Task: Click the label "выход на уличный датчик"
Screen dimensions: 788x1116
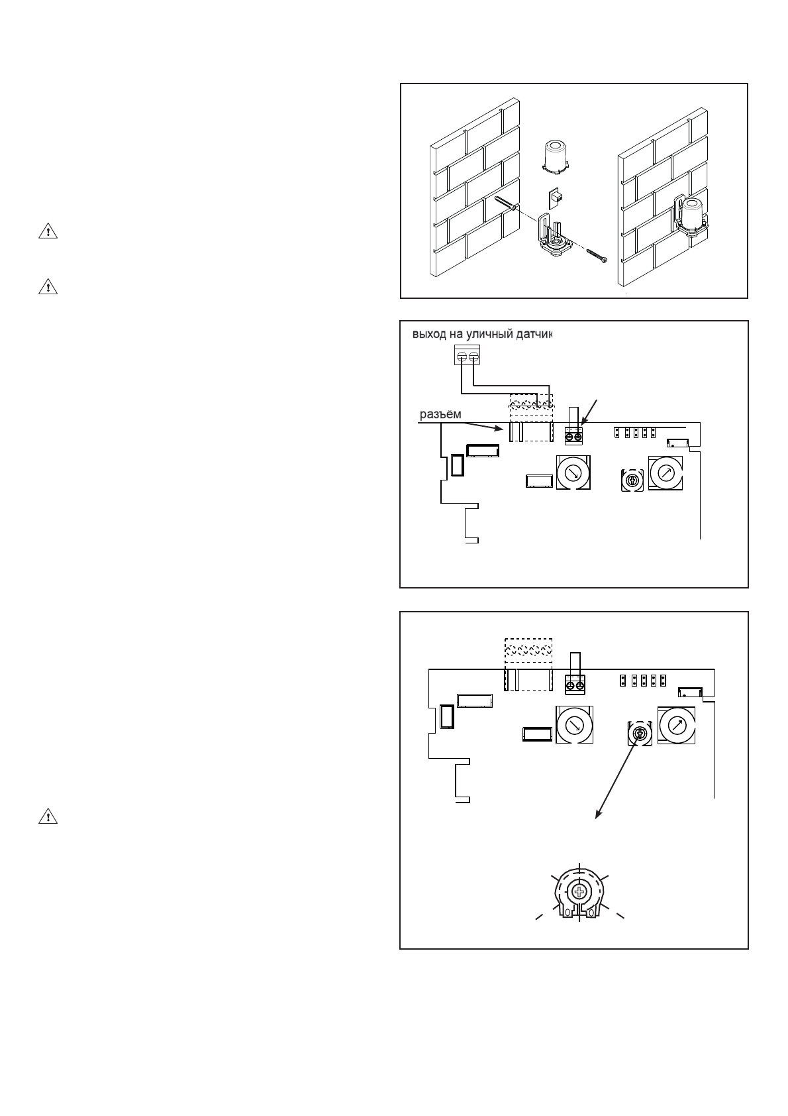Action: (481, 335)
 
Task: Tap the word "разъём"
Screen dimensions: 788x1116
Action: (440, 415)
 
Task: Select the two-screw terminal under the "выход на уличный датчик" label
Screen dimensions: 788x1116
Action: (467, 357)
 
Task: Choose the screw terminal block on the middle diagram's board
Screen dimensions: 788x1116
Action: (573, 436)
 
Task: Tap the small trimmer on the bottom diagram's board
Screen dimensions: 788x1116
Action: (640, 734)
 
